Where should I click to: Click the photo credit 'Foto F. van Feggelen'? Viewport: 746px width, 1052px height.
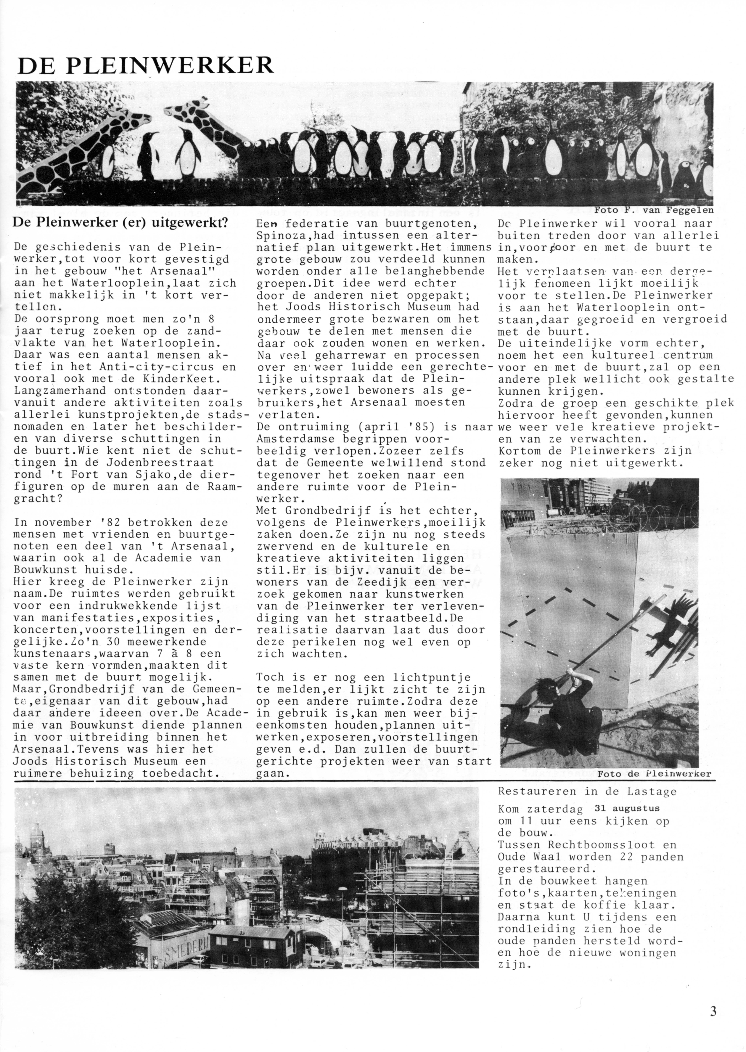[x=654, y=210]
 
